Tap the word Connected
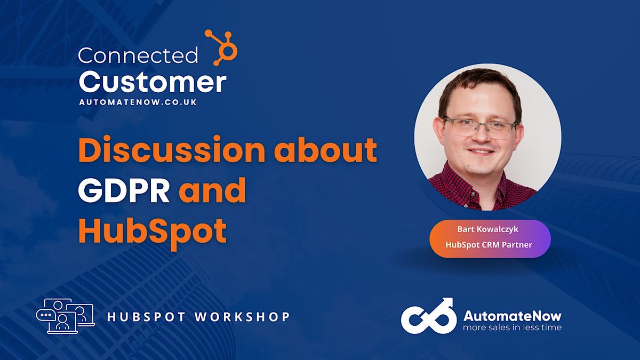tap(138, 55)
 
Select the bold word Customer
tap(153, 83)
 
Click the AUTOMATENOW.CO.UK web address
tap(138, 102)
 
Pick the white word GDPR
tap(124, 191)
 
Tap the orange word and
tap(212, 191)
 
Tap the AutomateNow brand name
tap(512, 315)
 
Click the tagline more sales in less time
tap(512, 327)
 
